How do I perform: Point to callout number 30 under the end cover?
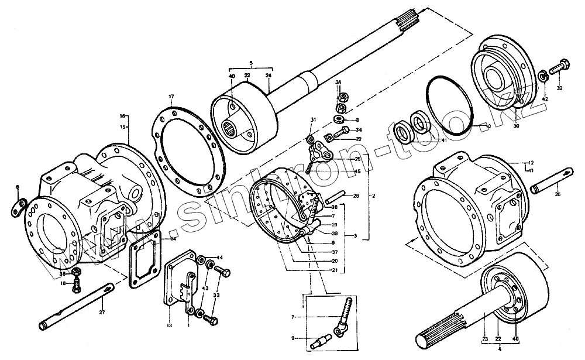tap(515, 126)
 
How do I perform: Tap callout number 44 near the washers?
tap(219, 258)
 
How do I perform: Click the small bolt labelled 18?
tap(75, 286)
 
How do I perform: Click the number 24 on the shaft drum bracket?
tap(269, 76)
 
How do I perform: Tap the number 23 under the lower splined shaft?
tap(485, 339)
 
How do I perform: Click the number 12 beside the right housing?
tap(532, 162)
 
